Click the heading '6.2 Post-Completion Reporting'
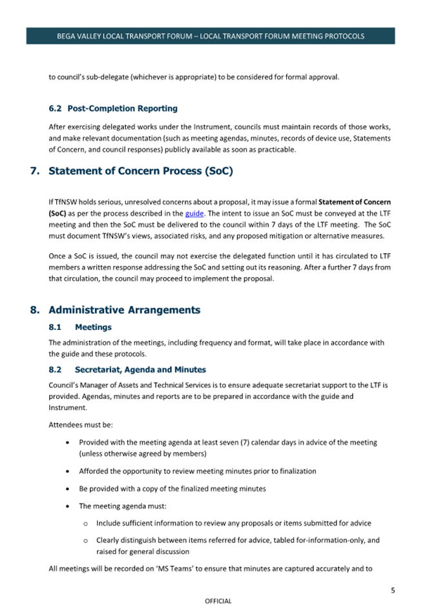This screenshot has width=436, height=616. tap(113, 108)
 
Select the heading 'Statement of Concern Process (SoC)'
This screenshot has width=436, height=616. tap(140, 171)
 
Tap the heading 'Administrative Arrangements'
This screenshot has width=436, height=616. tap(124, 310)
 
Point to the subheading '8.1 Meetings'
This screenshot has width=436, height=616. tap(80, 327)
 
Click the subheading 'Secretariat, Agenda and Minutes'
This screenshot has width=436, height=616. tap(140, 370)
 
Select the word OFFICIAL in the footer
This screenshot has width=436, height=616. tap(218, 601)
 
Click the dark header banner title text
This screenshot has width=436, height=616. tap(211, 36)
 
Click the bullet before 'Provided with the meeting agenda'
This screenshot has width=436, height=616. tap(68, 443)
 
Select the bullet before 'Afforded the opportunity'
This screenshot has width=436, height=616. tap(68, 471)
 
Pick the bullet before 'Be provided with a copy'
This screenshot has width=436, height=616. tap(68, 489)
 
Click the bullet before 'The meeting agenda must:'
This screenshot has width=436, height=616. tap(68, 506)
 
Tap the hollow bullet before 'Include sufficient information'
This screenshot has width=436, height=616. tap(86, 523)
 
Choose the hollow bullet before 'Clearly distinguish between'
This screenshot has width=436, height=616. tap(86, 540)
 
